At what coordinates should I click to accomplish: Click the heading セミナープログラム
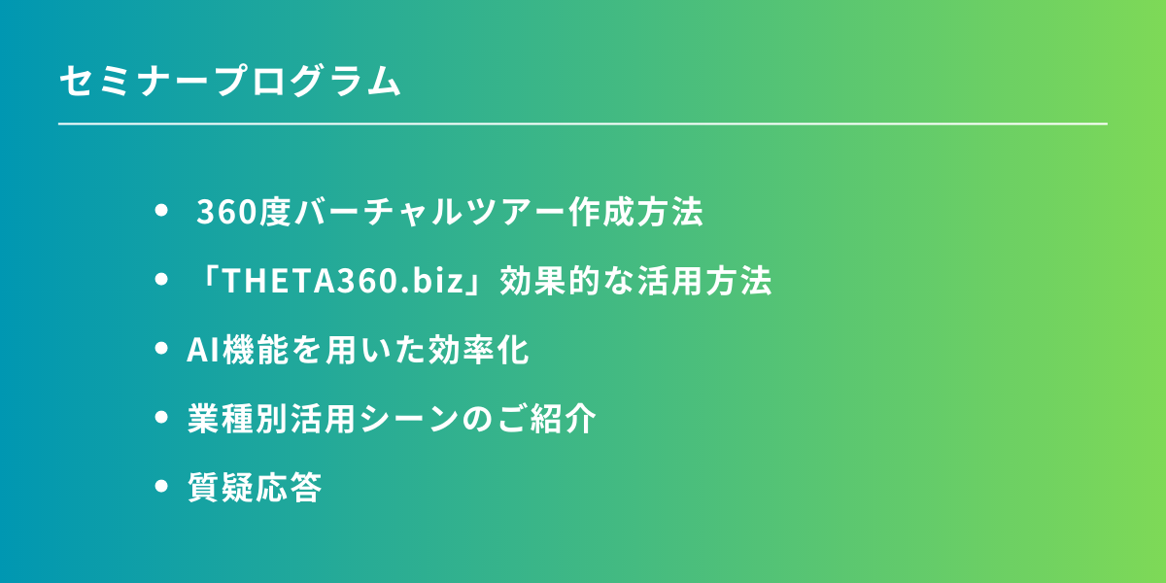pyautogui.click(x=230, y=81)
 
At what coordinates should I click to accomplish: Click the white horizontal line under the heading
pyautogui.click(x=582, y=124)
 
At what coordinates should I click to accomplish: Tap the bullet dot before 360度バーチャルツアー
pyautogui.click(x=161, y=210)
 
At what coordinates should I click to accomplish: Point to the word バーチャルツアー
pyautogui.click(x=429, y=212)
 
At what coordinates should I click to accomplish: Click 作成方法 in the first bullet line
pyautogui.click(x=636, y=212)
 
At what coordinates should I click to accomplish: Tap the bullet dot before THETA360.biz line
pyautogui.click(x=161, y=280)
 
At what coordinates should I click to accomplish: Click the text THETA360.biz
pyautogui.click(x=342, y=280)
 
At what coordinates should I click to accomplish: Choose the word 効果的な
pyautogui.click(x=566, y=281)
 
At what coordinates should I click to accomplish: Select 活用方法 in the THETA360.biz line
pyautogui.click(x=704, y=281)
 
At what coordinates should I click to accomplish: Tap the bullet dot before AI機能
pyautogui.click(x=161, y=348)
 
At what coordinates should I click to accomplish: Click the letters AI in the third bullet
pyautogui.click(x=203, y=349)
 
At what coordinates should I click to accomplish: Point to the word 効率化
pyautogui.click(x=478, y=349)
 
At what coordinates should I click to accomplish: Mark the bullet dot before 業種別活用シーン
pyautogui.click(x=161, y=417)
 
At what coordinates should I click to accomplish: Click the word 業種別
pyautogui.click(x=237, y=418)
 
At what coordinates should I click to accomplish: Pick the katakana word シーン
pyautogui.click(x=409, y=418)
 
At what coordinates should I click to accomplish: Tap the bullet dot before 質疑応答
pyautogui.click(x=161, y=486)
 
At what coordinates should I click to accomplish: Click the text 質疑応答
pyautogui.click(x=255, y=487)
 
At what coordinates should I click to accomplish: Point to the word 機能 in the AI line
pyautogui.click(x=255, y=349)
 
